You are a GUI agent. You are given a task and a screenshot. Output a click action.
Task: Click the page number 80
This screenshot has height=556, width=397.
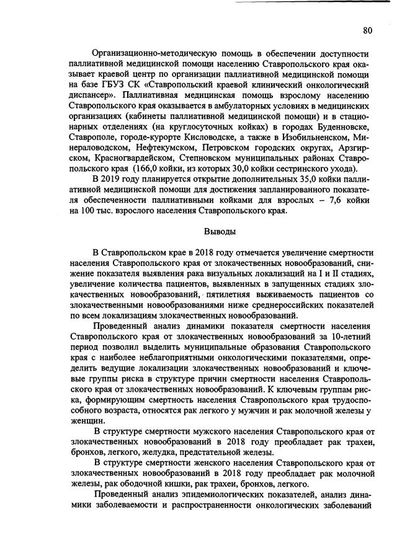click(x=368, y=30)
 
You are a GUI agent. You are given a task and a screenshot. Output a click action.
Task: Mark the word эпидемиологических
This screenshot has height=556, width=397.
click(x=234, y=494)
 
